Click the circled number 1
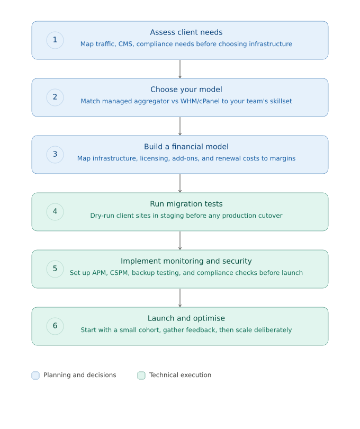pyautogui.click(x=55, y=40)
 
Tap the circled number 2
pyautogui.click(x=55, y=97)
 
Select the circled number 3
pyautogui.click(x=55, y=155)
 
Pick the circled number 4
pyautogui.click(x=55, y=212)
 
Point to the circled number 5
pyautogui.click(x=55, y=269)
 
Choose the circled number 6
pyautogui.click(x=55, y=326)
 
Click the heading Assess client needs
pyautogui.click(x=186, y=32)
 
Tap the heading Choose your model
pyautogui.click(x=186, y=90)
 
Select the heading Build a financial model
pyautogui.click(x=186, y=147)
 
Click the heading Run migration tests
pyautogui.click(x=186, y=204)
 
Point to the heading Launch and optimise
pyautogui.click(x=186, y=318)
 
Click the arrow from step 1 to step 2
pyautogui.click(x=180, y=69)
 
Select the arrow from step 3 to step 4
pyautogui.click(x=180, y=183)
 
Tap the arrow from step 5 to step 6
pyautogui.click(x=180, y=298)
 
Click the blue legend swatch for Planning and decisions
pyautogui.click(x=35, y=376)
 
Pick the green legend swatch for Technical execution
pyautogui.click(x=141, y=376)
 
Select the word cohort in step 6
pyautogui.click(x=150, y=330)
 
